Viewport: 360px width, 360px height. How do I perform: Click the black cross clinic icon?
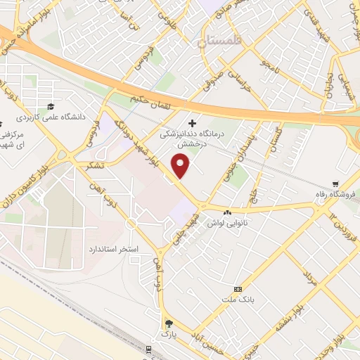click(193, 122)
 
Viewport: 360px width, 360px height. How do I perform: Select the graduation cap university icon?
click(50, 107)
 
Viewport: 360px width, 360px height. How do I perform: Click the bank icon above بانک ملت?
click(238, 289)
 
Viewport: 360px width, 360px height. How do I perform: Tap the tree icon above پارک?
click(168, 323)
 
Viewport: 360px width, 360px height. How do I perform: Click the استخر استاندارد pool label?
click(114, 250)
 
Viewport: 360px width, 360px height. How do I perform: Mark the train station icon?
click(150, 349)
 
